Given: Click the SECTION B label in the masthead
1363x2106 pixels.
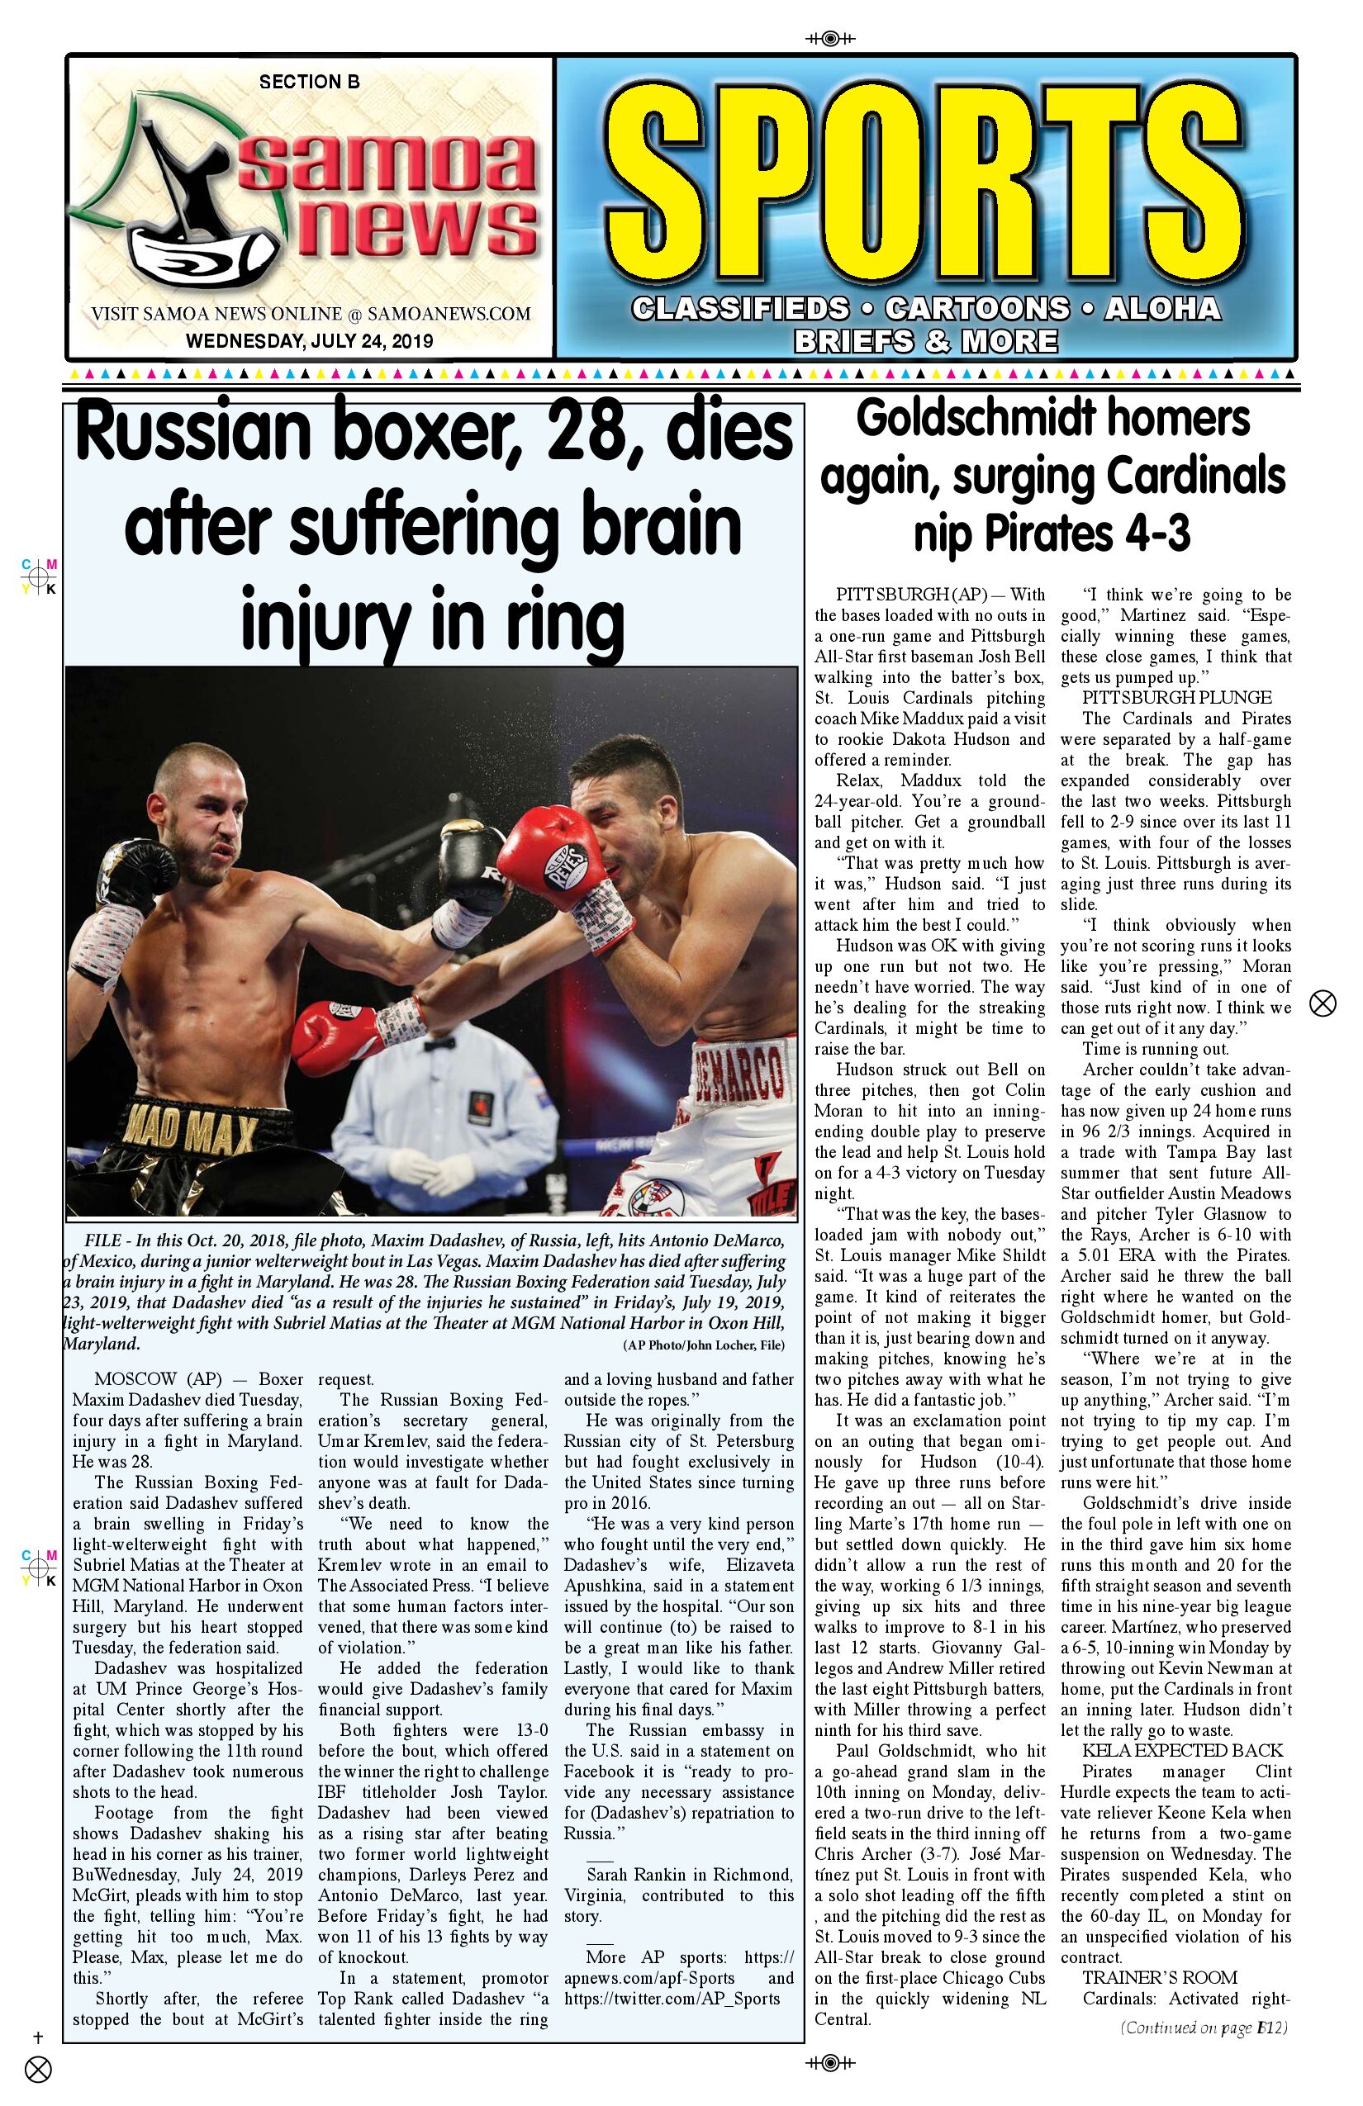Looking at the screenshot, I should point(309,83).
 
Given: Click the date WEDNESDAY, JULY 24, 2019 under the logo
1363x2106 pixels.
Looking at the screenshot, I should point(309,340).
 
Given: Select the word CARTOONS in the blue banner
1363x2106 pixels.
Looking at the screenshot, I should point(976,308).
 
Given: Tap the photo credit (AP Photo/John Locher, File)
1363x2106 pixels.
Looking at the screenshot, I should point(704,1346).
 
